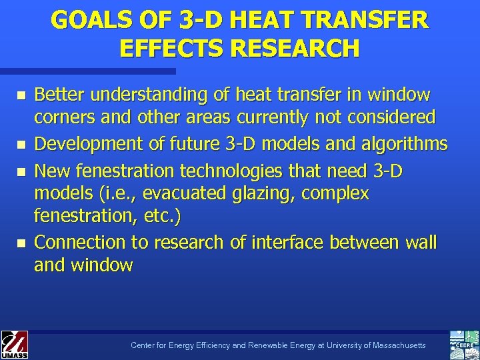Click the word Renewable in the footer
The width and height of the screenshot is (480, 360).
pyautogui.click(x=272, y=345)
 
